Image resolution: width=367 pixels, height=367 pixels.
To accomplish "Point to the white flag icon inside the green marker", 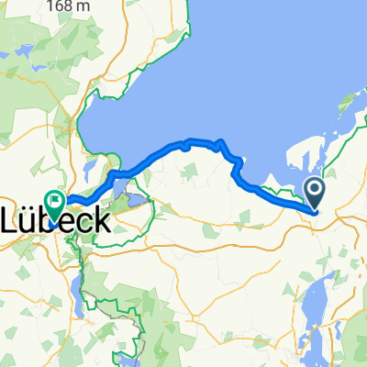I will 55,199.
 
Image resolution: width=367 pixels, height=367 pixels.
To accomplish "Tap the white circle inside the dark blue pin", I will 315,190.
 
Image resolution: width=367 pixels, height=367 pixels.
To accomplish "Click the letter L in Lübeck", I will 13,220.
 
